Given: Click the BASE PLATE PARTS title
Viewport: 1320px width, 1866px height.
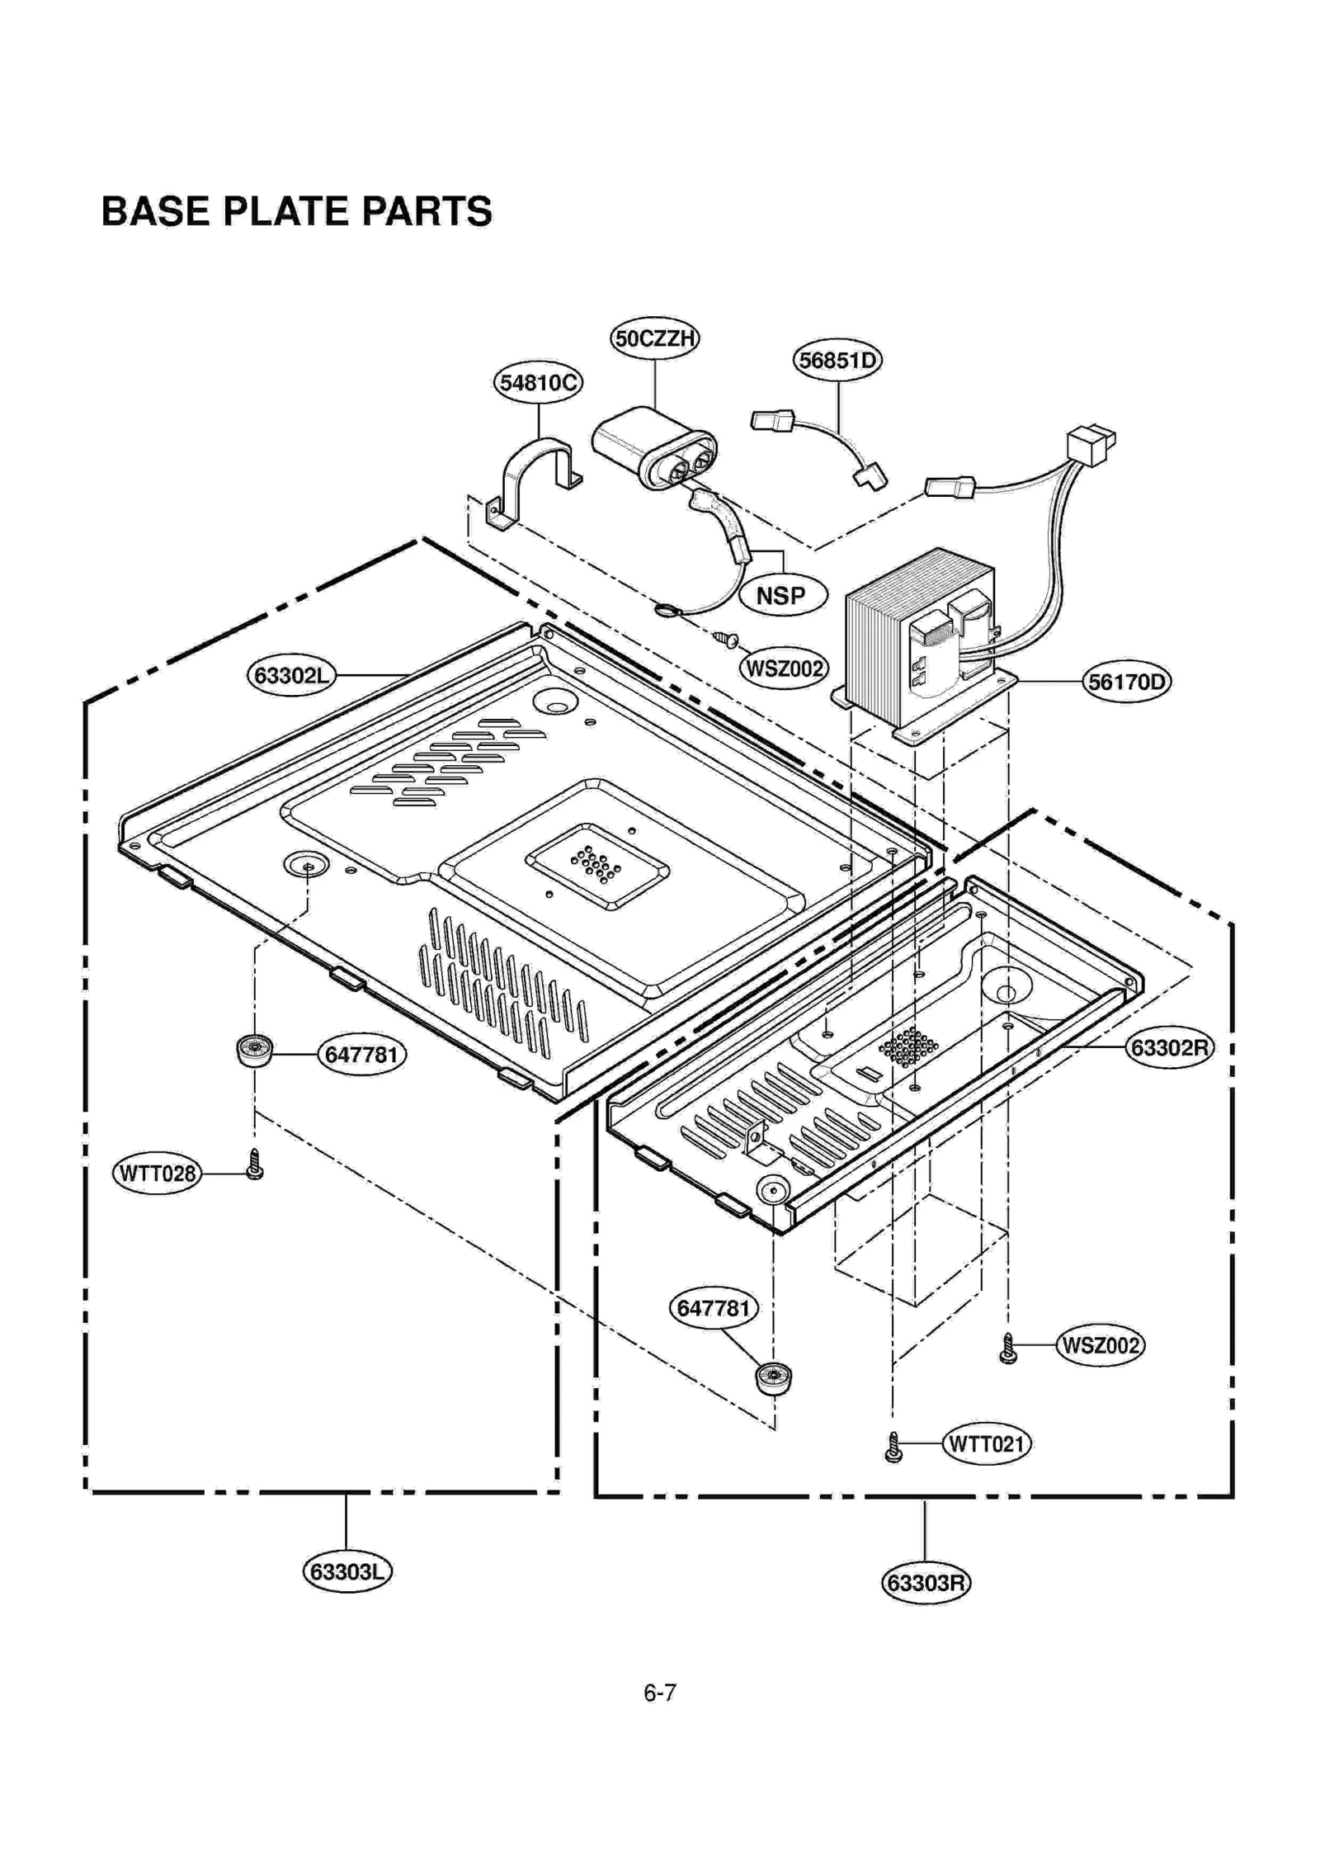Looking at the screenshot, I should point(296,211).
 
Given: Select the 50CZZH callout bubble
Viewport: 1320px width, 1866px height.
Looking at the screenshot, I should point(654,338).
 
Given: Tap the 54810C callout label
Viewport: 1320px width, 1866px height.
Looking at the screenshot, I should point(538,382).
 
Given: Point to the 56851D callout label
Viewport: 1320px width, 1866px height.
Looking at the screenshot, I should point(837,361).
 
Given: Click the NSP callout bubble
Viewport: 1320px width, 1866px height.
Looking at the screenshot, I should point(780,595).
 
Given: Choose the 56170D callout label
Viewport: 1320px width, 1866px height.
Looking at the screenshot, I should point(1126,682).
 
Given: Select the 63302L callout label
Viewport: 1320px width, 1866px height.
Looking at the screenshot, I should point(291,676).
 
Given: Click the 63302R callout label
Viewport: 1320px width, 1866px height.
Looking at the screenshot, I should point(1169,1047).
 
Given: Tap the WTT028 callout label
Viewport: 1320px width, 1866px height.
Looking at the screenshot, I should point(157,1173).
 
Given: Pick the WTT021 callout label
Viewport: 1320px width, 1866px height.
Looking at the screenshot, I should point(986,1443).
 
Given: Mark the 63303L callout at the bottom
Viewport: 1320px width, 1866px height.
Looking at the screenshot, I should point(346,1571).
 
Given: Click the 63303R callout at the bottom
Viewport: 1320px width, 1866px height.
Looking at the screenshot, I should point(926,1582).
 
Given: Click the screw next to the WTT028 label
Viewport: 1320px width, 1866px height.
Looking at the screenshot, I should point(255,1165).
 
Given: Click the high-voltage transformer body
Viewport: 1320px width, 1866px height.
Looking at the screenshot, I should point(916,640).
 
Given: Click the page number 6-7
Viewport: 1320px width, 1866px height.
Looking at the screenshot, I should point(659,1693).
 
